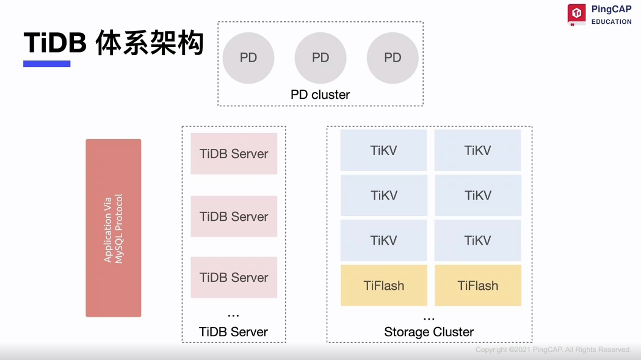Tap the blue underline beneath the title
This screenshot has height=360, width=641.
[x=47, y=63]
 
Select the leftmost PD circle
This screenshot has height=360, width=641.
[x=248, y=58]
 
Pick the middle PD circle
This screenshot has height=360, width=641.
[x=320, y=58]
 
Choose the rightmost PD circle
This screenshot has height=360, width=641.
[x=393, y=58]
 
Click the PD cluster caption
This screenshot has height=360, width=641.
[x=320, y=95]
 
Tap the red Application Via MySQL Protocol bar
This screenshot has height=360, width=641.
[x=114, y=228]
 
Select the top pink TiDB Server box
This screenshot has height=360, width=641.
[x=234, y=154]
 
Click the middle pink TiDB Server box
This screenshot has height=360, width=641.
[x=234, y=217]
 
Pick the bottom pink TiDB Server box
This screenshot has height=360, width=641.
[x=234, y=278]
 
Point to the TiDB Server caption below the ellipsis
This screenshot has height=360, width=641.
[x=234, y=333]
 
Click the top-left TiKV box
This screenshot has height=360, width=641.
[x=384, y=150]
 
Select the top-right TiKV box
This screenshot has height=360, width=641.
[x=477, y=150]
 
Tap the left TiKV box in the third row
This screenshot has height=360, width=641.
[x=384, y=240]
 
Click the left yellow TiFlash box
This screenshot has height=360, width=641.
[x=384, y=286]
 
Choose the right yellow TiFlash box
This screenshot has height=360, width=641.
[x=478, y=286]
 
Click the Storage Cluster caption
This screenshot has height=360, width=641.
[x=429, y=333]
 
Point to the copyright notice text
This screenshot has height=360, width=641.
[x=553, y=350]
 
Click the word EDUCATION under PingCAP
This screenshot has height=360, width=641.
[x=611, y=22]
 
